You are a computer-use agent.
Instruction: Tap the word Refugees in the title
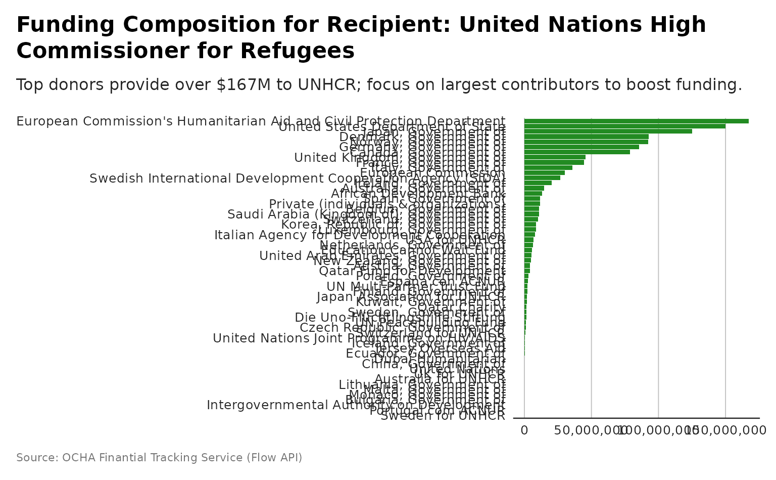(x=299, y=51)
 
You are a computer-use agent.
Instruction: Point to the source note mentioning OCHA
(x=159, y=458)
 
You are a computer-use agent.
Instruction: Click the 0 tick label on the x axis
(x=524, y=430)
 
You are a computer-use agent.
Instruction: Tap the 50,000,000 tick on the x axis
(x=591, y=430)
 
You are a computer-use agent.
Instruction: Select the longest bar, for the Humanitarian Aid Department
(x=636, y=121)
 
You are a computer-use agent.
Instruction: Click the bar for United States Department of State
(x=624, y=126)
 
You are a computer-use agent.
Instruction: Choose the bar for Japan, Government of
(x=608, y=132)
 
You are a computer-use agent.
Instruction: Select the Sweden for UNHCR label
(x=443, y=416)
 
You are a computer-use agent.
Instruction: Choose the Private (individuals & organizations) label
(x=344, y=204)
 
